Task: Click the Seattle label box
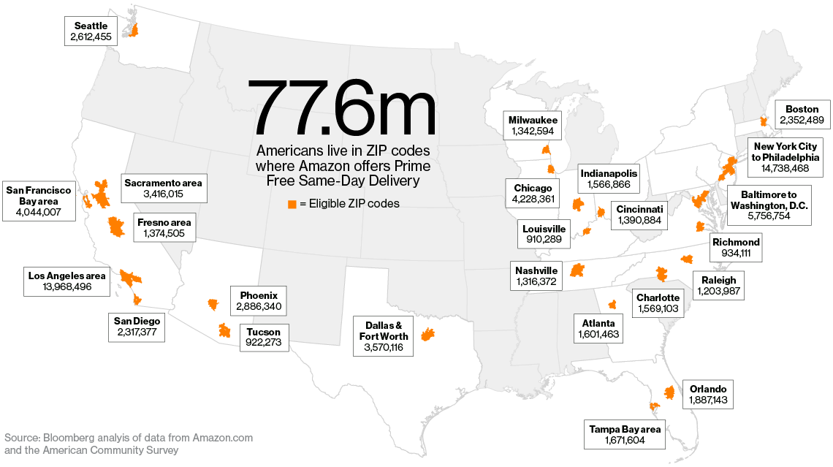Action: [x=91, y=31]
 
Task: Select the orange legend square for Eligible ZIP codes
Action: [x=292, y=204]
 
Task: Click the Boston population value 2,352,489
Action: [x=802, y=121]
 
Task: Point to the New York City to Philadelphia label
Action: [x=786, y=151]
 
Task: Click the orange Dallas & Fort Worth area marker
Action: [x=428, y=336]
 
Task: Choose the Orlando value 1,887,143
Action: [x=706, y=400]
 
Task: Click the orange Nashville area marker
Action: [x=577, y=270]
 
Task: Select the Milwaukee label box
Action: [x=533, y=125]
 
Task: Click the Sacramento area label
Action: [x=163, y=183]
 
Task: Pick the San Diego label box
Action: [x=137, y=326]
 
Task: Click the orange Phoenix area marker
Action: [x=213, y=303]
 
